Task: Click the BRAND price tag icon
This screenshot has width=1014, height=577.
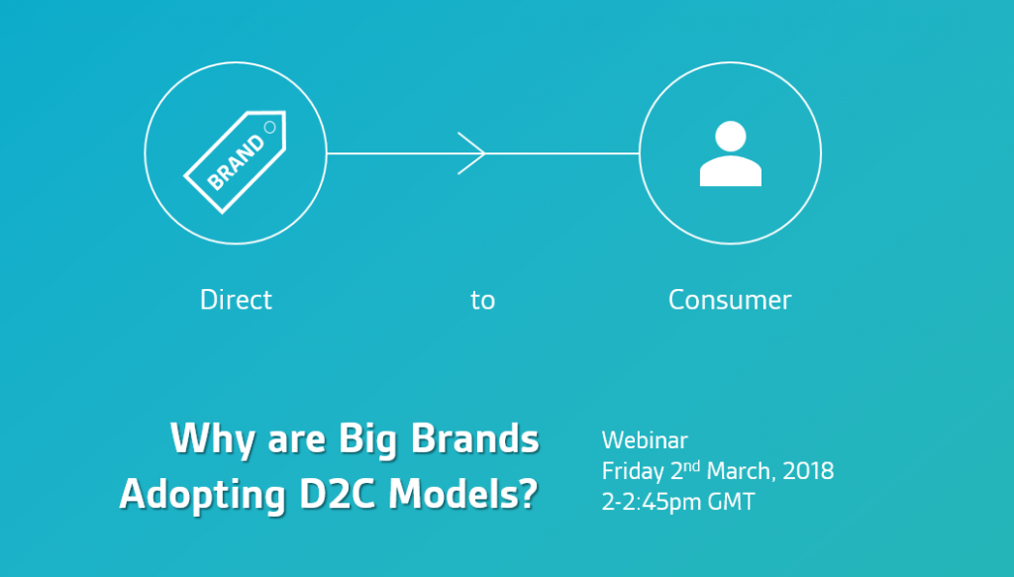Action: [236, 162]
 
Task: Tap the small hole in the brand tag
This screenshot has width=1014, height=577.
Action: [269, 128]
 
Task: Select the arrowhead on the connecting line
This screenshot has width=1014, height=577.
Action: [471, 153]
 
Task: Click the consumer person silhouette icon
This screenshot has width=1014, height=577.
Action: [730, 153]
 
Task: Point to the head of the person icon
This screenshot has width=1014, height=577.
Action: [731, 136]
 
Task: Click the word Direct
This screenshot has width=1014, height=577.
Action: [236, 300]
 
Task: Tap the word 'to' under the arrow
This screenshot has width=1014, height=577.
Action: [482, 301]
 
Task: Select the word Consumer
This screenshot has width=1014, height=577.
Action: [730, 301]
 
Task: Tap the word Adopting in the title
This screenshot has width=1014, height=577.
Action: [202, 496]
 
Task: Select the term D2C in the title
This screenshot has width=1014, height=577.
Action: [337, 495]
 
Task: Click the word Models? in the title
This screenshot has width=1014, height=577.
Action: [463, 494]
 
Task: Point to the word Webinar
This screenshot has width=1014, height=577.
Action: [645, 440]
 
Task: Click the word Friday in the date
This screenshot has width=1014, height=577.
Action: [633, 472]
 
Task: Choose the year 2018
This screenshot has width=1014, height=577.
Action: [808, 471]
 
